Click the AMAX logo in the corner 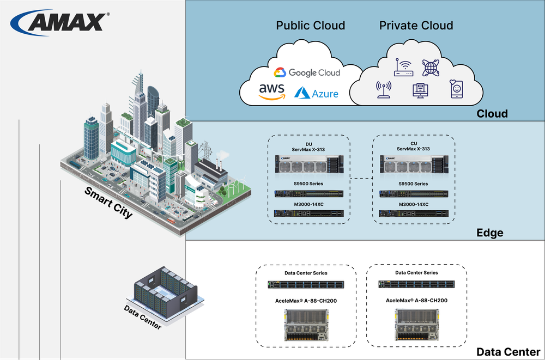point(60,22)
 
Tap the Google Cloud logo point(307,72)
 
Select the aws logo point(271,91)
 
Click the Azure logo point(317,93)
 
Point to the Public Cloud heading point(310,26)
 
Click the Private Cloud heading point(416,26)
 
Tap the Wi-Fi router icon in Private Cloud point(404,68)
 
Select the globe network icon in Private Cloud point(431,68)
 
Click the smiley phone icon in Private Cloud point(456,89)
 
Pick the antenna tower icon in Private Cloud point(384,89)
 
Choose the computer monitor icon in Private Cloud point(420,90)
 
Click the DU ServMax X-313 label point(308,146)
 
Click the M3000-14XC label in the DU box point(308,204)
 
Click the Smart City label point(108,202)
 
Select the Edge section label point(489,233)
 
